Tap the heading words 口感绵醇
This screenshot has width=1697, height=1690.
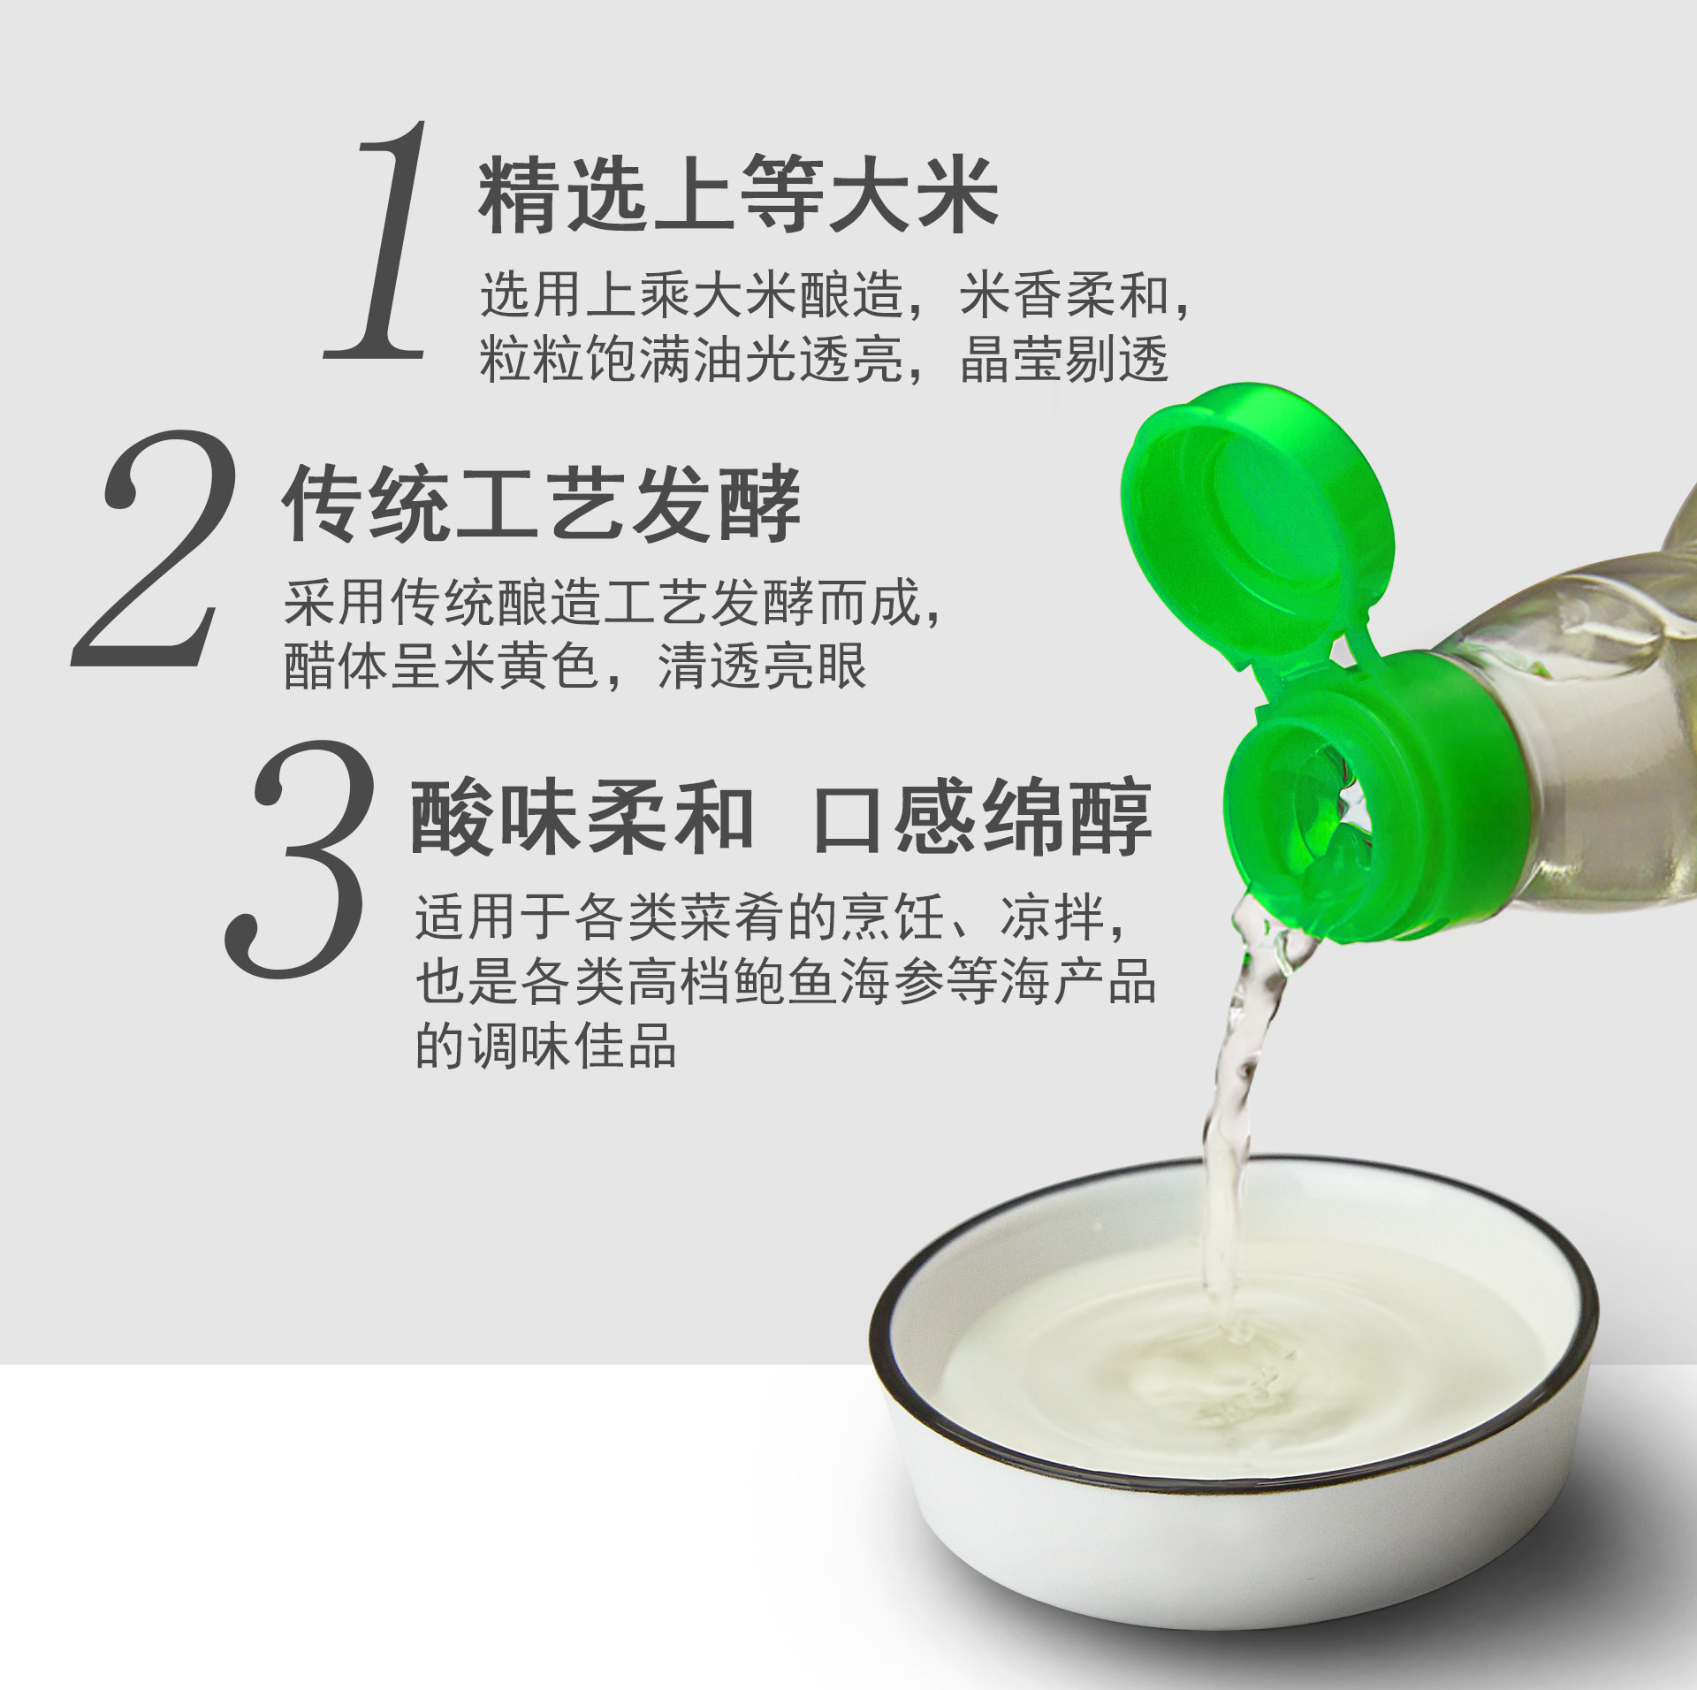[x=982, y=818]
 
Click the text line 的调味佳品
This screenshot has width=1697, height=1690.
[x=546, y=1045]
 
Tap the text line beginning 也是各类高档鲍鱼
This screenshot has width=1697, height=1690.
[x=786, y=981]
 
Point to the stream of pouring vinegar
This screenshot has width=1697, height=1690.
[x=1237, y=1105]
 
